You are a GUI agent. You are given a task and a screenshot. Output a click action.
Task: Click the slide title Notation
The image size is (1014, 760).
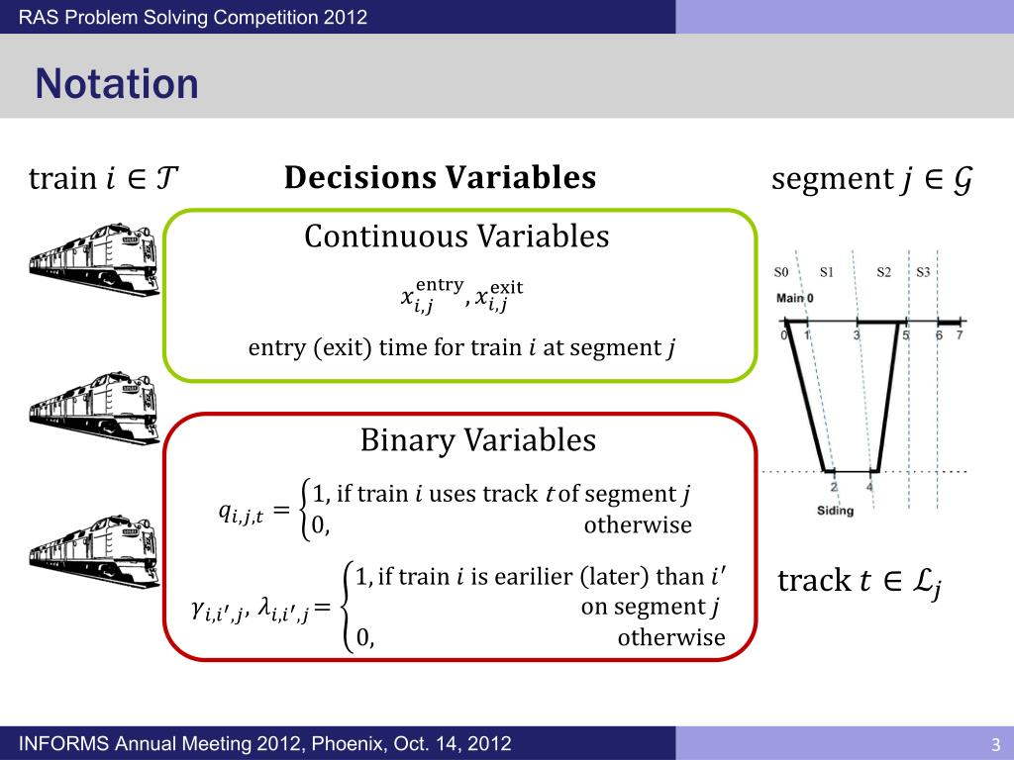tap(117, 84)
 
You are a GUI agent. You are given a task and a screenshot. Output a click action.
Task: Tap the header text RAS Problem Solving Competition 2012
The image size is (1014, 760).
tap(193, 17)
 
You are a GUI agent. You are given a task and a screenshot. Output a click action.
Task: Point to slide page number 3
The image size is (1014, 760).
tap(995, 744)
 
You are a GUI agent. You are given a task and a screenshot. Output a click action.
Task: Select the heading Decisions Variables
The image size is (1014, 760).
tap(440, 178)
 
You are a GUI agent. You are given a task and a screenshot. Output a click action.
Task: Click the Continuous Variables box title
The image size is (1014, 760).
tap(456, 237)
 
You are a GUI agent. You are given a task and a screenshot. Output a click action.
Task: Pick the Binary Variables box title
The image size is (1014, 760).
tap(478, 439)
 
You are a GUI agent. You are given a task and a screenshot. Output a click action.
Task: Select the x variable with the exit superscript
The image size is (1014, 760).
tap(492, 296)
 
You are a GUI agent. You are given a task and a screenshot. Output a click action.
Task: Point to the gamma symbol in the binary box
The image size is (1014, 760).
tap(212, 613)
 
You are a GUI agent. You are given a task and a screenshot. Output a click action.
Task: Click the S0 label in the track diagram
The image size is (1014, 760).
tap(782, 272)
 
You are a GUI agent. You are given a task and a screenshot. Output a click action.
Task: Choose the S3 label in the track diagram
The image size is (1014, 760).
tap(923, 272)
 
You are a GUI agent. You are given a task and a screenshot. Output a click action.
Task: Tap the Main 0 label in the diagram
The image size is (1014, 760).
tap(795, 298)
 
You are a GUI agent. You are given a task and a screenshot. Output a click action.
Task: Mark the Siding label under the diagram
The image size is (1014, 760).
tap(835, 511)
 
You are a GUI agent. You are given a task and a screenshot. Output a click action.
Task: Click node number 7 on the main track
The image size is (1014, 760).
tap(958, 335)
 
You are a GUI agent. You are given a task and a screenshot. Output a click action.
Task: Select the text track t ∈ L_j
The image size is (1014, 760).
tap(859, 582)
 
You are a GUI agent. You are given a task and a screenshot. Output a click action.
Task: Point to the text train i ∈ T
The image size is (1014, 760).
tap(104, 179)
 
